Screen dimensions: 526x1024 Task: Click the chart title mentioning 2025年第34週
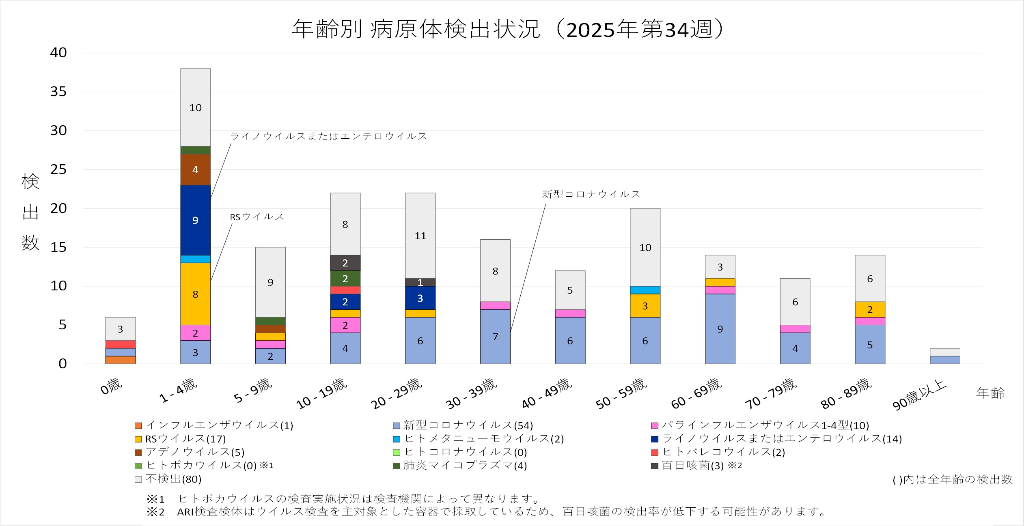coord(508,29)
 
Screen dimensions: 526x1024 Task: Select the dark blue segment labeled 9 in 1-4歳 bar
coord(195,220)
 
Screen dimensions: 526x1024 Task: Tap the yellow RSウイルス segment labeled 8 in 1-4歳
coord(195,294)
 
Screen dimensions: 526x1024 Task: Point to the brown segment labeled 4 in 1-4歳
coord(195,170)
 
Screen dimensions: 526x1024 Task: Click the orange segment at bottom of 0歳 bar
coord(121,360)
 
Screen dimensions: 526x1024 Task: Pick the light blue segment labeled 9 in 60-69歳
coord(720,329)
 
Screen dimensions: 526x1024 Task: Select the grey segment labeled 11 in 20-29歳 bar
coord(420,236)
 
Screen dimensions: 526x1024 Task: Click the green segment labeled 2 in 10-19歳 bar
coord(345,279)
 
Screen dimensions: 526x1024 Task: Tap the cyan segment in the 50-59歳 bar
coord(645,290)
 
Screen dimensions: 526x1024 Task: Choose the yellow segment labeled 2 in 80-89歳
coord(870,309)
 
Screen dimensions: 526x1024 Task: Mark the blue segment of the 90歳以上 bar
coord(945,360)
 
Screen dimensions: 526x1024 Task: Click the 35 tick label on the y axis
coord(58,92)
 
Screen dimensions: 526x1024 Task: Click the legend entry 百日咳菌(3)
coord(696,466)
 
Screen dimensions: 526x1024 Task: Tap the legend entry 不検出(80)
coord(168,479)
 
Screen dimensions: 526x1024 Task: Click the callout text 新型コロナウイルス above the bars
coord(591,194)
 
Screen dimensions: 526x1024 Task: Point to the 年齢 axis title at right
coord(990,393)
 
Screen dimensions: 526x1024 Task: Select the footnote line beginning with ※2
coord(486,512)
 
